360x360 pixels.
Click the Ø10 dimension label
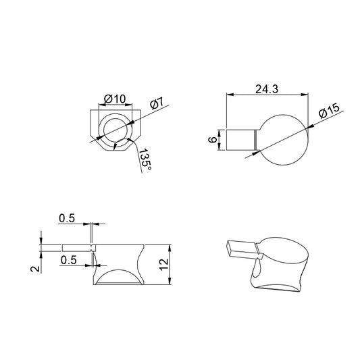115,99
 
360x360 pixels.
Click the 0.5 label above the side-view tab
67,217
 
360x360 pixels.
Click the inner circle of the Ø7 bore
115,131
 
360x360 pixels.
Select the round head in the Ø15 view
284,139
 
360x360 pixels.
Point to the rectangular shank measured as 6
239,139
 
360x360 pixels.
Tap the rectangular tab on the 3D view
239,248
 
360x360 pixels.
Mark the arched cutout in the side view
118,277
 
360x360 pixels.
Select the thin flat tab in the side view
68,247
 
